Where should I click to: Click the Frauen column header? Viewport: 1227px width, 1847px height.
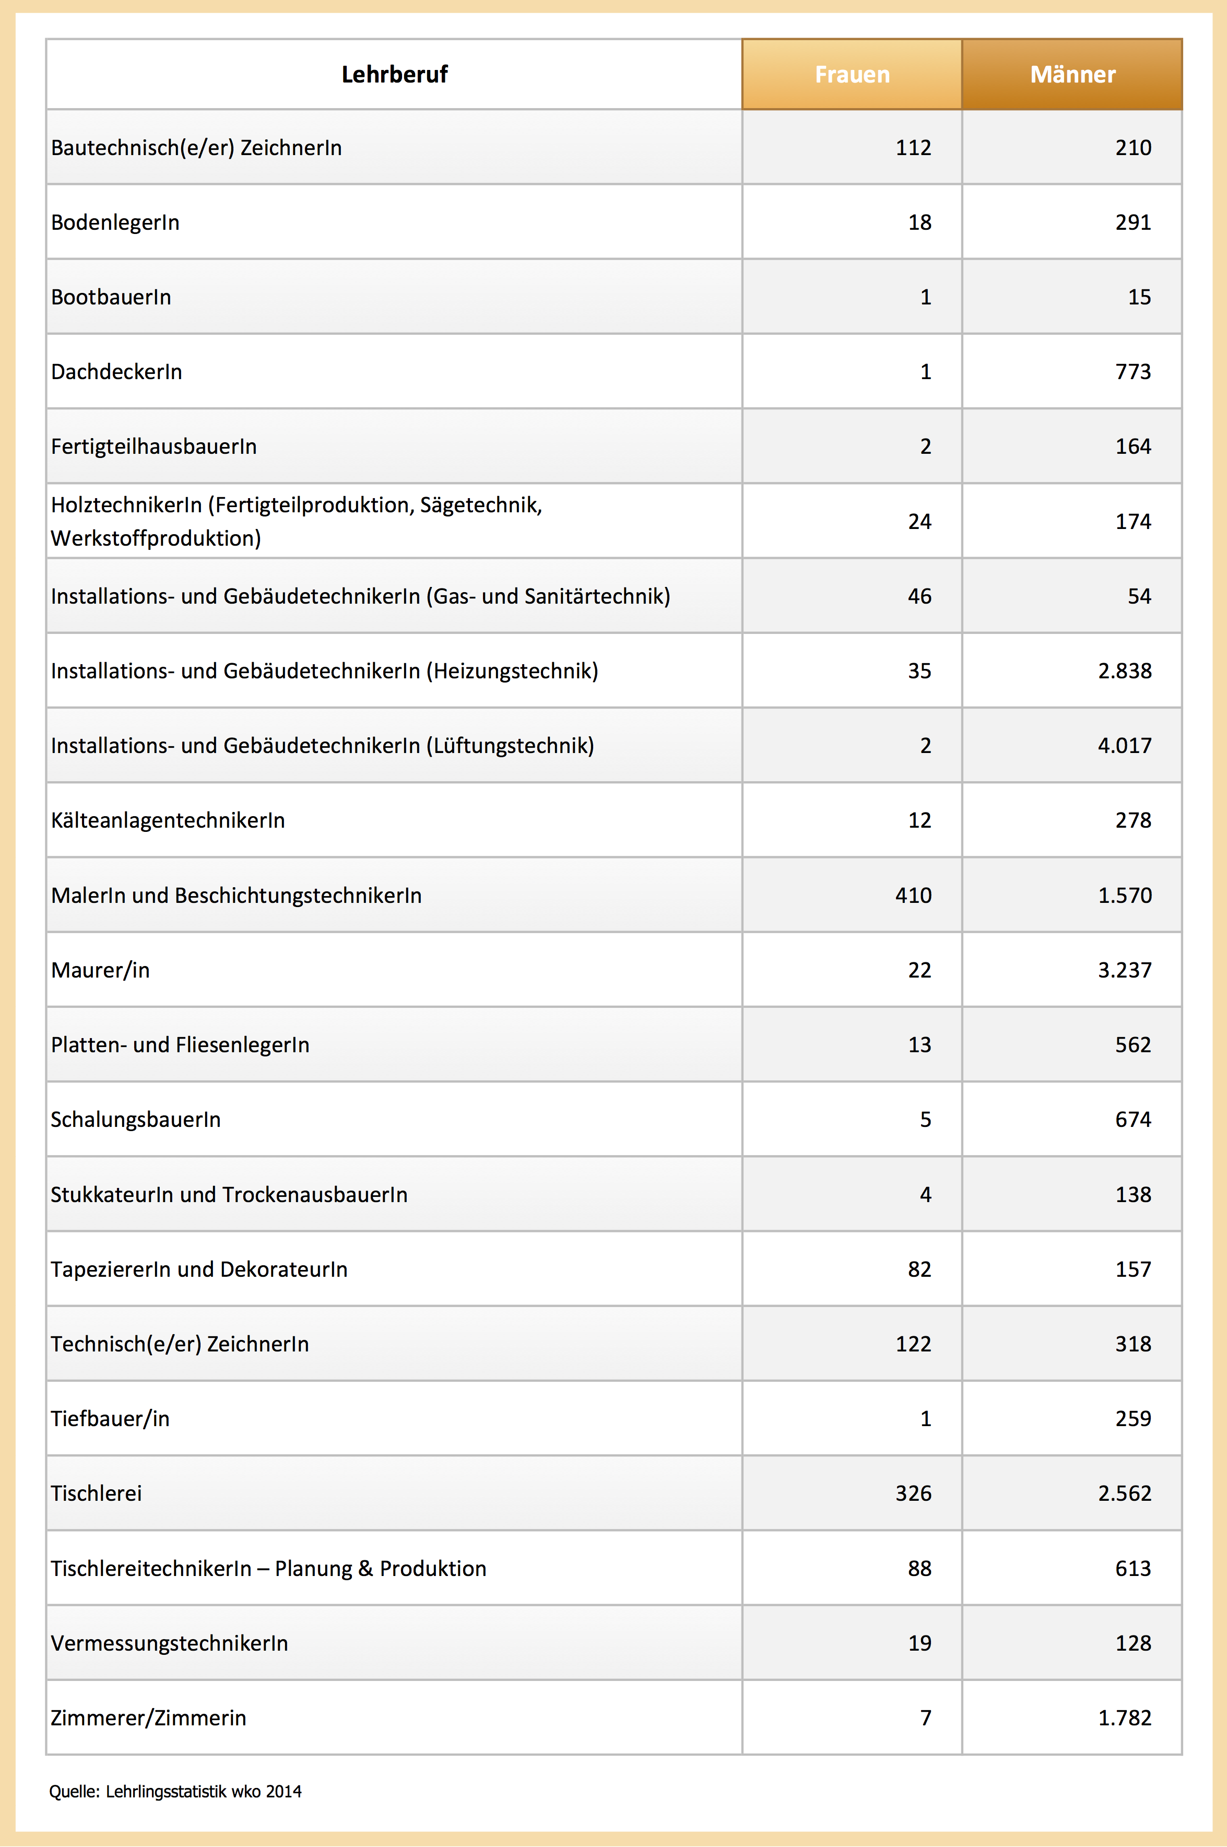point(852,74)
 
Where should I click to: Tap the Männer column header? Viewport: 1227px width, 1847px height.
point(1072,74)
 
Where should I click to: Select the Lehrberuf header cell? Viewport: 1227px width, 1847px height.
point(394,74)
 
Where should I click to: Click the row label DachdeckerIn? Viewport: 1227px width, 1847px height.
point(116,372)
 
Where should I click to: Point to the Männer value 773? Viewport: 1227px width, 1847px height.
point(1133,372)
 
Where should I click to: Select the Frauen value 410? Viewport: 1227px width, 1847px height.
point(913,896)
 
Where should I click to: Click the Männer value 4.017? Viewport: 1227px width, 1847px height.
point(1125,746)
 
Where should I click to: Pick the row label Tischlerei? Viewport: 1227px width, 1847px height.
point(96,1493)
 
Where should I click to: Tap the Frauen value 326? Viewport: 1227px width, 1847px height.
point(913,1493)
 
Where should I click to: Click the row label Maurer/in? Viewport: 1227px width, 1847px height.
point(100,970)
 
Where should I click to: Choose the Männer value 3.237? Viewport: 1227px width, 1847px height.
point(1125,970)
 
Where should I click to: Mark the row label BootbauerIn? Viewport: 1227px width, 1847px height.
point(111,298)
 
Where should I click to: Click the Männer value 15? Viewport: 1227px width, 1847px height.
point(1139,298)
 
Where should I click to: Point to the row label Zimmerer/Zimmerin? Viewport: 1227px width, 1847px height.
point(149,1718)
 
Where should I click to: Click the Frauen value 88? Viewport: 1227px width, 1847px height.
point(919,1568)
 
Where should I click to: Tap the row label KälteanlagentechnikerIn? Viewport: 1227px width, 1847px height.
point(168,820)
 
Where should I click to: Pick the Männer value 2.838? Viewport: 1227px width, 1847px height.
point(1125,670)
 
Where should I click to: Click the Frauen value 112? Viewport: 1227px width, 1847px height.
point(913,148)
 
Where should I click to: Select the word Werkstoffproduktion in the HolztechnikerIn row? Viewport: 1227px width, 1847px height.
point(156,538)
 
